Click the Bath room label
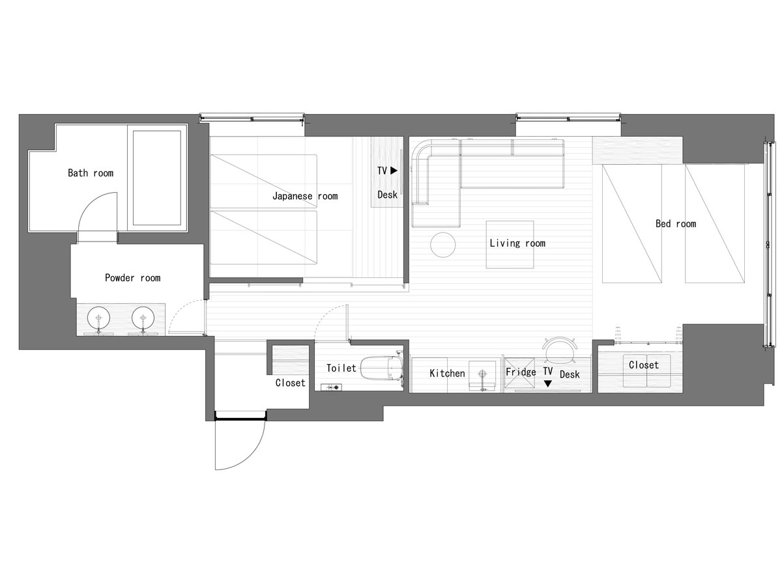pyautogui.click(x=91, y=173)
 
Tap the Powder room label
pyautogui.click(x=132, y=278)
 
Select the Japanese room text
pyautogui.click(x=305, y=196)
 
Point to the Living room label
pyautogui.click(x=517, y=244)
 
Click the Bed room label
pyautogui.click(x=676, y=224)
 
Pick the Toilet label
pyautogui.click(x=341, y=368)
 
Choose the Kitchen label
pyautogui.click(x=447, y=373)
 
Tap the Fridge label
pyautogui.click(x=521, y=372)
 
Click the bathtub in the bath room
pyautogui.click(x=157, y=178)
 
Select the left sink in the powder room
pyautogui.click(x=98, y=318)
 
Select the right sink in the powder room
pyautogui.click(x=143, y=318)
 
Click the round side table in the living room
pyautogui.click(x=443, y=245)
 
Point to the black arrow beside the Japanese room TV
pyautogui.click(x=394, y=171)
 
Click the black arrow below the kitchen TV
pyautogui.click(x=548, y=384)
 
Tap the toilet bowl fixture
pyautogui.click(x=381, y=367)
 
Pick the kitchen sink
pyautogui.click(x=482, y=376)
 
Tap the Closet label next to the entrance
pyautogui.click(x=291, y=383)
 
